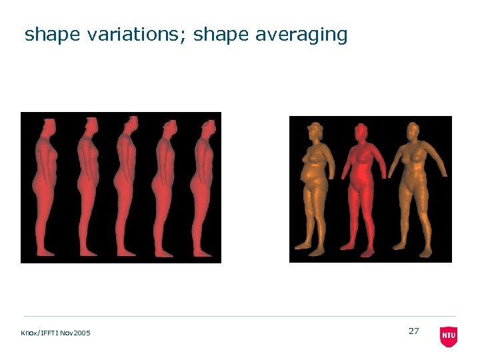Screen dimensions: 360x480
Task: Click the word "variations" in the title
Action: [137, 35]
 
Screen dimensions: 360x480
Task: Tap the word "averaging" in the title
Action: [301, 35]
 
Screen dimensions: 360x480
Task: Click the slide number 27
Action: [413, 331]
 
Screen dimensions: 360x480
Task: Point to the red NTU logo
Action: [449, 336]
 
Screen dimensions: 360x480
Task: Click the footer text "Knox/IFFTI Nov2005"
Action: [57, 333]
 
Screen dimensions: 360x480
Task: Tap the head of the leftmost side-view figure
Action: [49, 127]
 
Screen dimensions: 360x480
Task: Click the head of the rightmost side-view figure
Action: [208, 127]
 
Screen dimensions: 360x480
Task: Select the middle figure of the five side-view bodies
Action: [126, 187]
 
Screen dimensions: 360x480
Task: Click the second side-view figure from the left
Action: [87, 187]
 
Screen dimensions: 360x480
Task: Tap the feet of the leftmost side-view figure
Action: [49, 253]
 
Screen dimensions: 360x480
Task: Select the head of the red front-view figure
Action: [361, 132]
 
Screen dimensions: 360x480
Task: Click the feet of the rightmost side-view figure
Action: [203, 253]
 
